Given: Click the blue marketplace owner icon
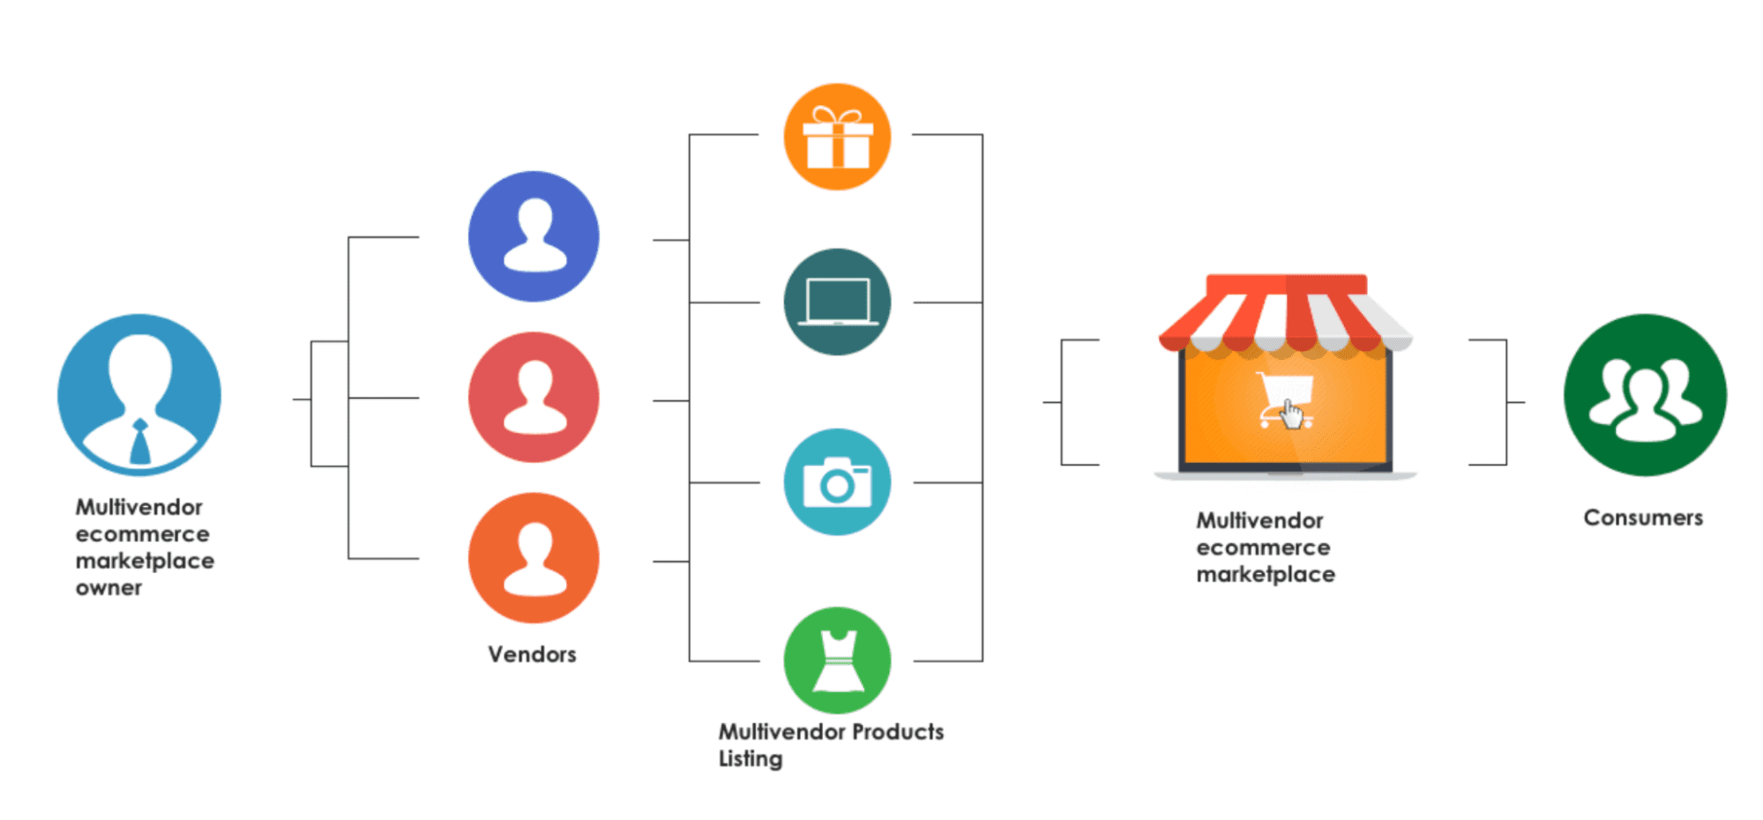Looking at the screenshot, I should [139, 395].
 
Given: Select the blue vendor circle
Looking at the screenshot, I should [534, 236].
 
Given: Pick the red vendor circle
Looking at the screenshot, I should [534, 398].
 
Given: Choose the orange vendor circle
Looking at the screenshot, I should [534, 558].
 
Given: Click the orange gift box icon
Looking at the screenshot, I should [837, 138].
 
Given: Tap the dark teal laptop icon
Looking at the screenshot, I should [837, 302].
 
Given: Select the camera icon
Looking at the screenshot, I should [837, 482].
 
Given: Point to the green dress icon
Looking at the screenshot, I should [837, 660].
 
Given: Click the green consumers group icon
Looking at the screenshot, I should [1645, 395].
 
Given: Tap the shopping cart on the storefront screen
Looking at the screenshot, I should [1286, 401].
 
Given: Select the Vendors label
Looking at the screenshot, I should [532, 654].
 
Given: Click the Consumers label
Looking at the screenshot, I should [1643, 518].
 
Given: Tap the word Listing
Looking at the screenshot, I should [751, 759].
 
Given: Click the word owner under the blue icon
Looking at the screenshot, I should [108, 588].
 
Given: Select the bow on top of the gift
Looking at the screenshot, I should [837, 116].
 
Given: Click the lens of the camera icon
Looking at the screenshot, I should [836, 486].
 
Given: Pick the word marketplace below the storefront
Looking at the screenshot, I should [1266, 575].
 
